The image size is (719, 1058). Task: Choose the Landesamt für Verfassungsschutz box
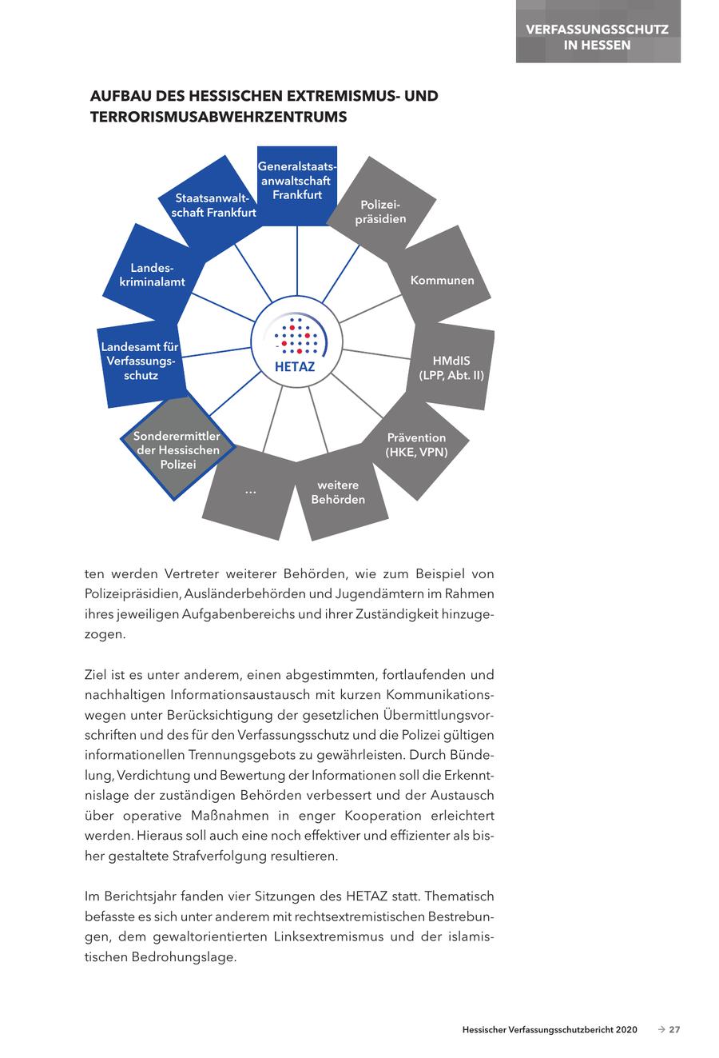click(x=141, y=361)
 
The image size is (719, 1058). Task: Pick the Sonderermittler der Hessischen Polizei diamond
click(x=177, y=450)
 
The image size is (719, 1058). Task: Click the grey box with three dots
click(x=250, y=491)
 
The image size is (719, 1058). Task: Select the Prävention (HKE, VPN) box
click(x=415, y=445)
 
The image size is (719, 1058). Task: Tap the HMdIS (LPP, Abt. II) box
click(x=451, y=367)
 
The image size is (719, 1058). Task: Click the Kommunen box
click(x=442, y=280)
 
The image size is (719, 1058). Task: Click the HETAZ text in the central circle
click(x=295, y=367)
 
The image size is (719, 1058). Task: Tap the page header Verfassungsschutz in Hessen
click(x=598, y=37)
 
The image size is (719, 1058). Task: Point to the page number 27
click(x=674, y=1029)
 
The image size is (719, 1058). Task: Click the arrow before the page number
click(x=661, y=1029)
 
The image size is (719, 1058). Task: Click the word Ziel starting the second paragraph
click(x=97, y=674)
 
